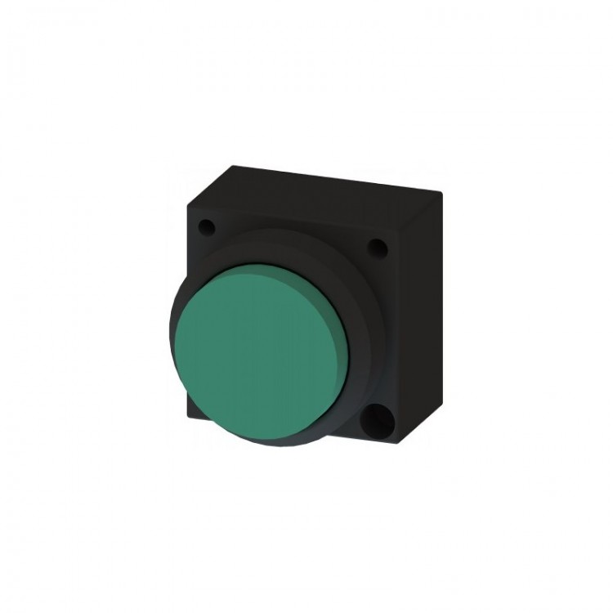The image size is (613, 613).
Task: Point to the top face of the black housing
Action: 319,181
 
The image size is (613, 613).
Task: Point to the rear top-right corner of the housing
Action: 442,193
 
